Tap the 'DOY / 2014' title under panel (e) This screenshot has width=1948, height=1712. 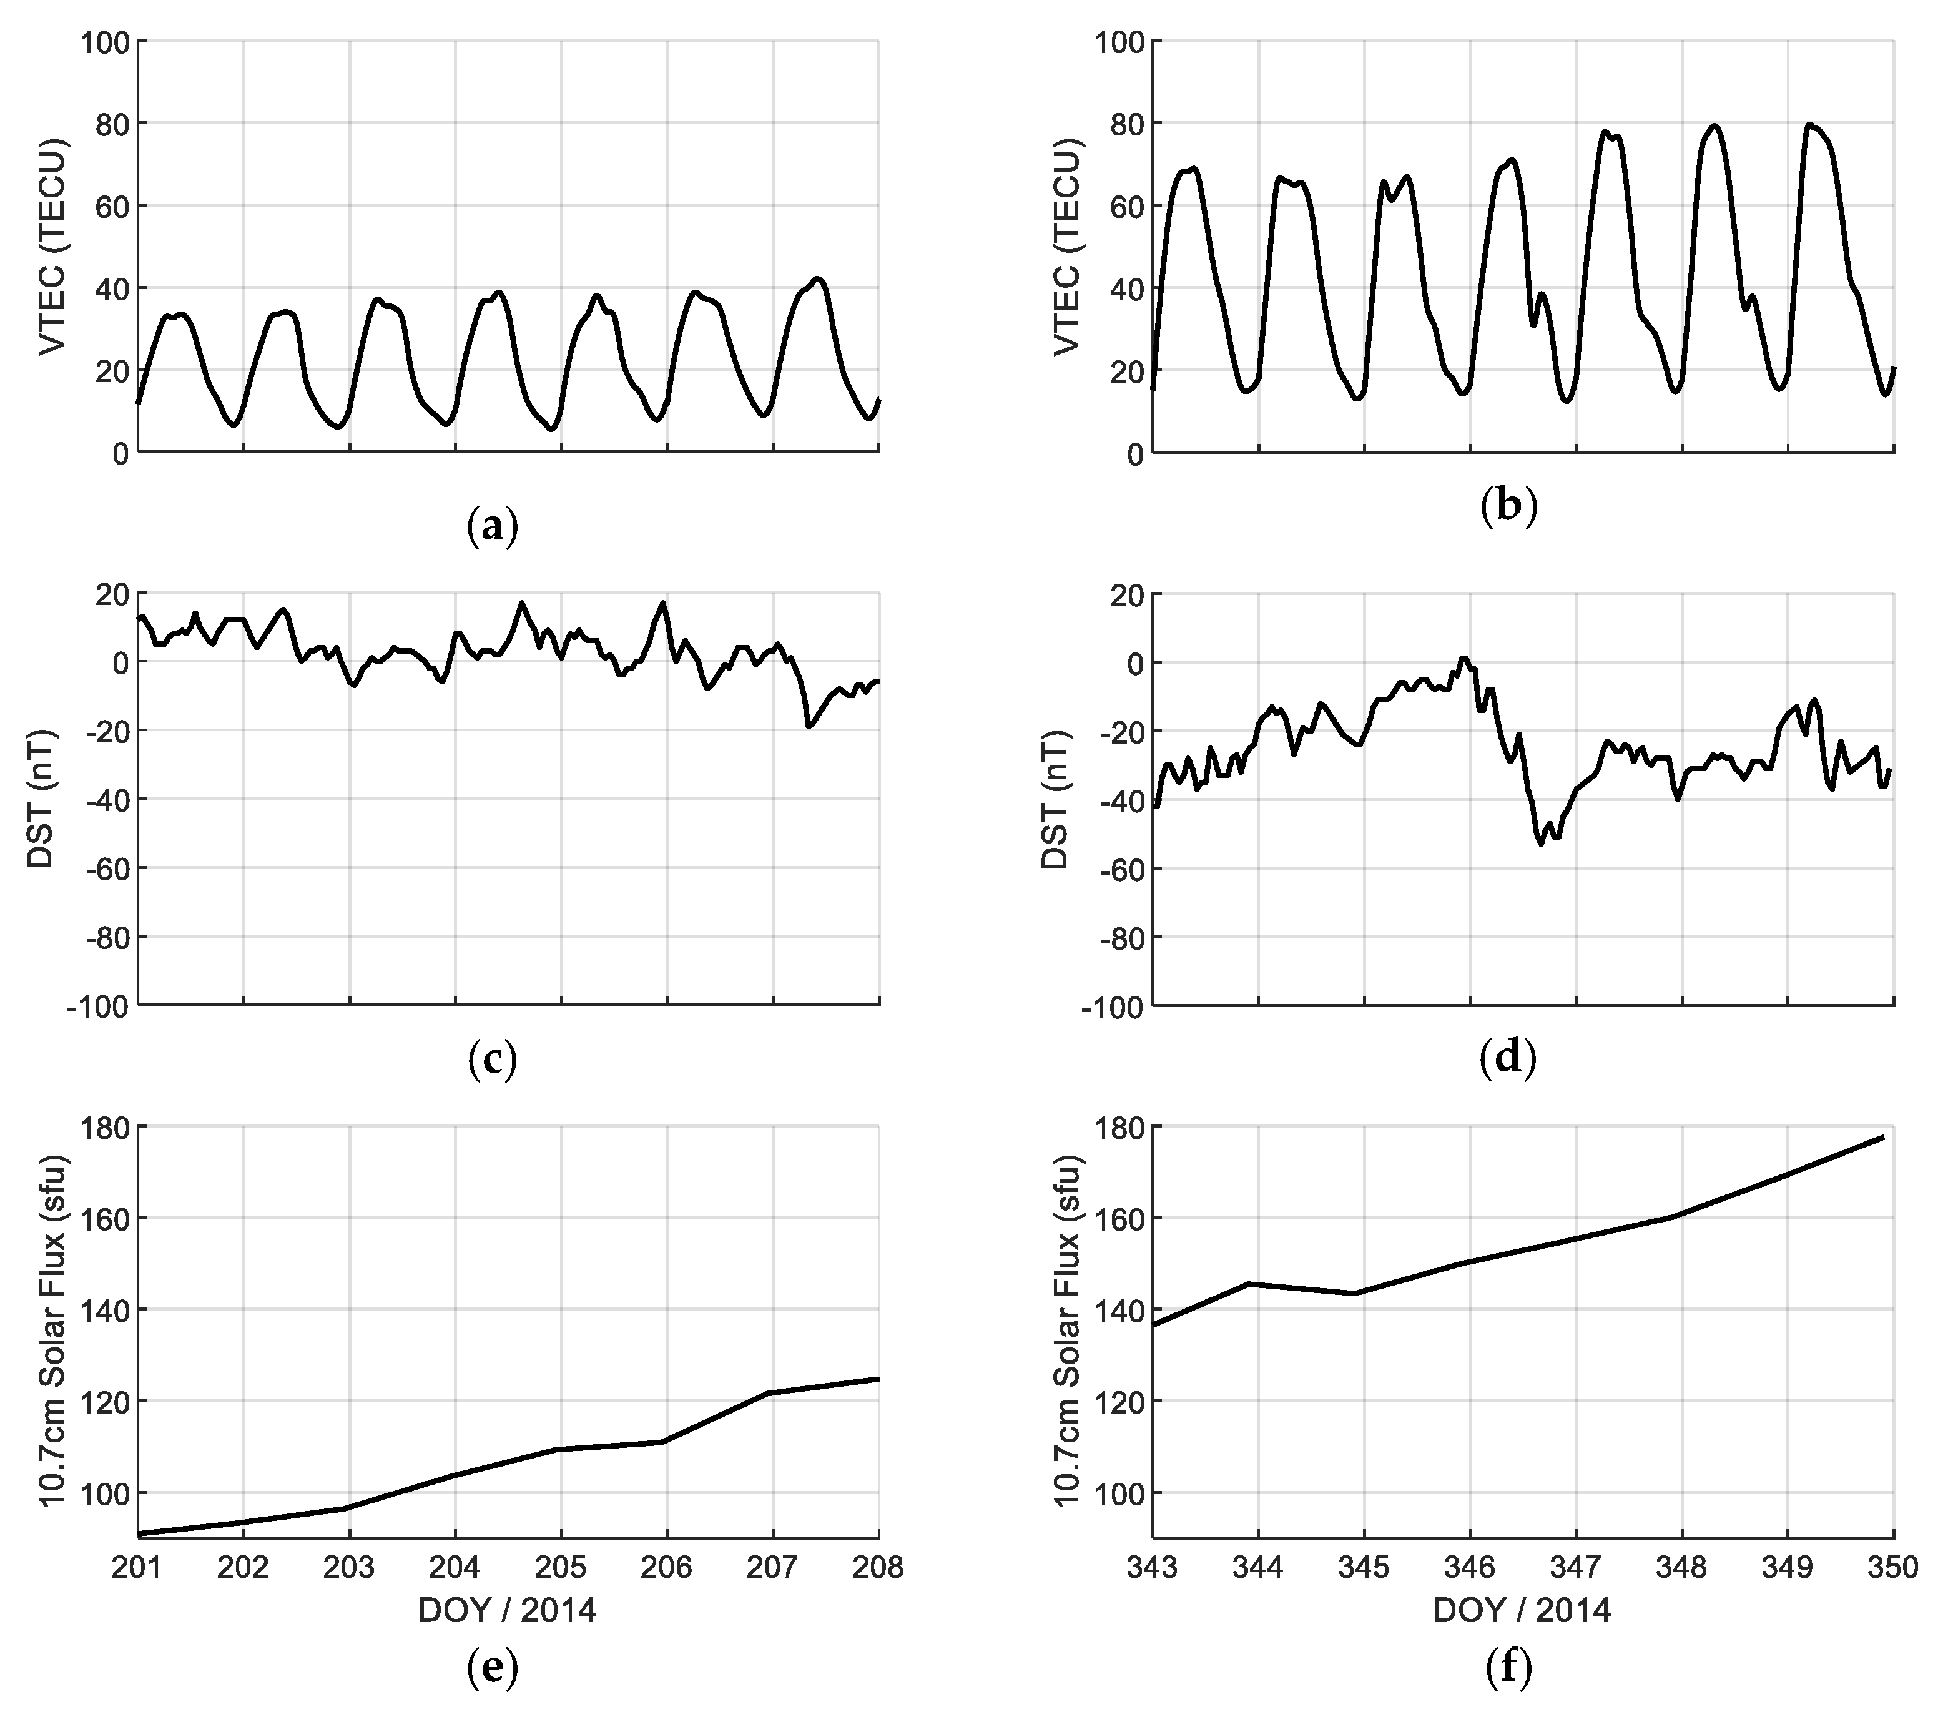coord(507,1610)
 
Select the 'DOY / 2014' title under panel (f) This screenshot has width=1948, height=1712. coord(1522,1610)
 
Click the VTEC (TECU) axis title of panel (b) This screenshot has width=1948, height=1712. coord(1068,246)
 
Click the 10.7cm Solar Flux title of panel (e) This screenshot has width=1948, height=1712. coord(53,1331)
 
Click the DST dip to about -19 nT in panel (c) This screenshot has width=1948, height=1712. coord(809,726)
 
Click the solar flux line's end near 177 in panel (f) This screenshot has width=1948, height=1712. coord(1883,1137)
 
